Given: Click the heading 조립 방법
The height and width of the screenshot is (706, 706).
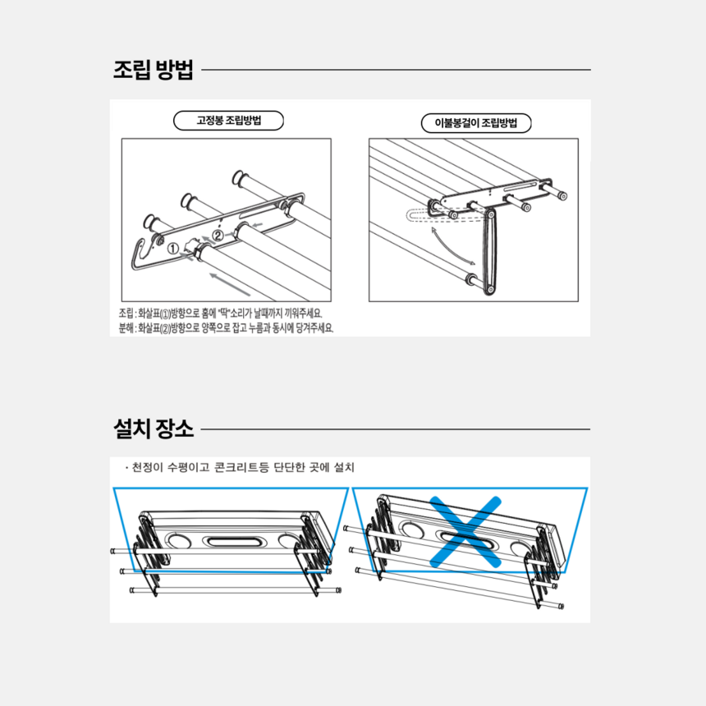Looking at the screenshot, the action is tap(153, 70).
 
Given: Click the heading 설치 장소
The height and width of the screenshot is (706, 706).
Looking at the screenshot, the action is tap(153, 429).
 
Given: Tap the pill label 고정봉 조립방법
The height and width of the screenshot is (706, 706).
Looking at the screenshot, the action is tap(228, 121).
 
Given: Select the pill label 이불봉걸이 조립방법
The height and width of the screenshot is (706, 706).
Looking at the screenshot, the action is tap(476, 123).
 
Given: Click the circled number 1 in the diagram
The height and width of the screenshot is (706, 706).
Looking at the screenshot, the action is tap(173, 249).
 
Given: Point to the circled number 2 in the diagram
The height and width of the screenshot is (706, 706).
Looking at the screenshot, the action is tap(218, 236).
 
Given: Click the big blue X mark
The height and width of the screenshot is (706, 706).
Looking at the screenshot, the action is tap(465, 531).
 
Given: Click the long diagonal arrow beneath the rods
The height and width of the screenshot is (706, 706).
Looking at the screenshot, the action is tap(230, 284).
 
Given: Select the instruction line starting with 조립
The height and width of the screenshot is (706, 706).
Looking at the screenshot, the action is tap(221, 314).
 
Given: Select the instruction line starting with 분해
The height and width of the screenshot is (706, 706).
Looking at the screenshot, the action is tap(226, 328).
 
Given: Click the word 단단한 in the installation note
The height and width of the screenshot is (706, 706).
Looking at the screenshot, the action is tap(290, 467).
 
